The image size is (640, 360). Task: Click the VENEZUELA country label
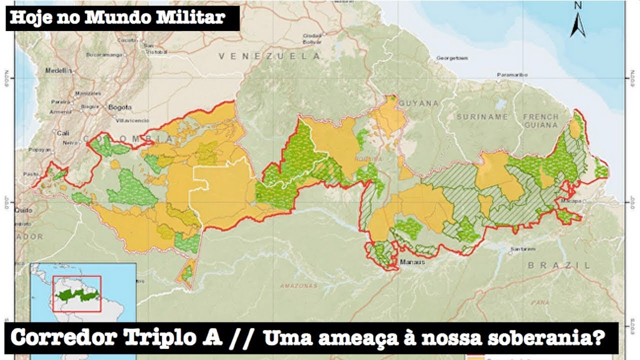point(269,56)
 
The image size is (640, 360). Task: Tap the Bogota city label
point(120,107)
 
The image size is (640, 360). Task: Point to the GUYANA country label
point(422,103)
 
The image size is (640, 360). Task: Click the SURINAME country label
point(482,116)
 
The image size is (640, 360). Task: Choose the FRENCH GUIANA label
point(540,120)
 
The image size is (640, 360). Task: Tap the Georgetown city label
point(452,58)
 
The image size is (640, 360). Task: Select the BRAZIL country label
point(559,265)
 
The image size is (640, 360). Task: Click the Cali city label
point(63,133)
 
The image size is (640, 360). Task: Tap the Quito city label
point(24,210)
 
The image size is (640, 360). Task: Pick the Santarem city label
point(522,249)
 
